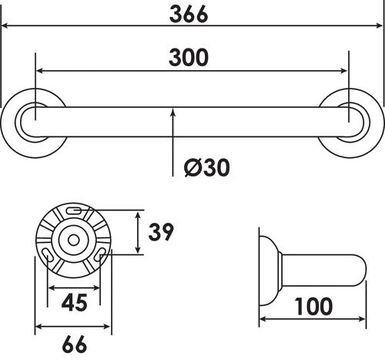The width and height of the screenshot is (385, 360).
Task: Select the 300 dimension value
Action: tap(192, 59)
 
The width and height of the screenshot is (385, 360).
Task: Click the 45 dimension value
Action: tap(74, 302)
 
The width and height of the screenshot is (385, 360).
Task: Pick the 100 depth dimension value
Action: tap(313, 307)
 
